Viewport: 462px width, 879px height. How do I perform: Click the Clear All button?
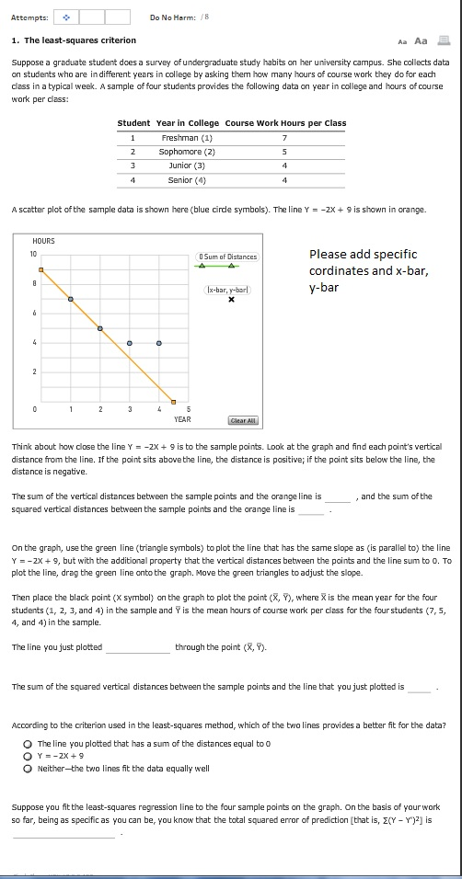click(x=244, y=420)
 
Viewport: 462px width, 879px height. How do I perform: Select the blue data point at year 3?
click(x=130, y=343)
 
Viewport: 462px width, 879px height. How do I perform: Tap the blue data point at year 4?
click(x=159, y=343)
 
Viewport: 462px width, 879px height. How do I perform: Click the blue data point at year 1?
click(x=71, y=299)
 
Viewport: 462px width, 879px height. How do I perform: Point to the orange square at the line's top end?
click(x=41, y=269)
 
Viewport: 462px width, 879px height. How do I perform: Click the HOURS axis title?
click(x=43, y=241)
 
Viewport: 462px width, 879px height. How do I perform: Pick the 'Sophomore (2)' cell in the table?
click(x=187, y=152)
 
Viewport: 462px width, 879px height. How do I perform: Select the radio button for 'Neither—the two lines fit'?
click(x=29, y=768)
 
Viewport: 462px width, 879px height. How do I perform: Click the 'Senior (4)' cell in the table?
click(x=187, y=179)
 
